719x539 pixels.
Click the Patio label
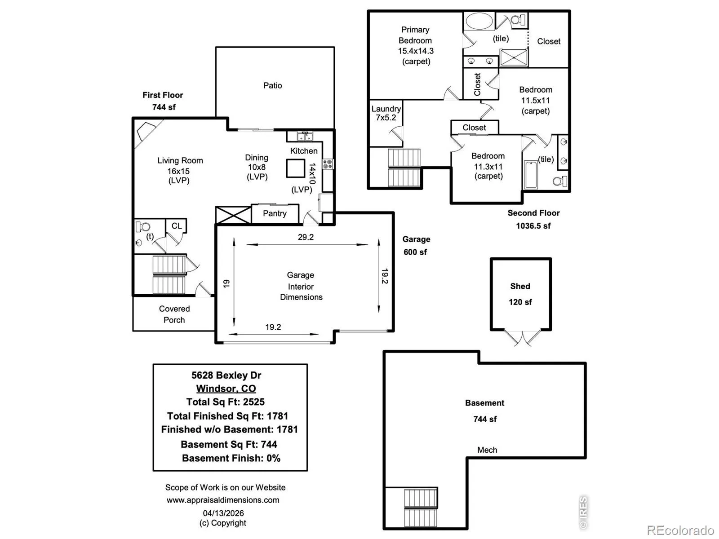tap(272, 85)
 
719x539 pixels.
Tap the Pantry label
tap(275, 213)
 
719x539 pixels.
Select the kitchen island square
tap(295, 168)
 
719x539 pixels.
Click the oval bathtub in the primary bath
tap(479, 21)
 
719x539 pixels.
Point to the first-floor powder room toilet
tap(143, 226)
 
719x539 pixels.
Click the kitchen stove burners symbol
tap(328, 164)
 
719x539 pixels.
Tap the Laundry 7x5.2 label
tap(386, 113)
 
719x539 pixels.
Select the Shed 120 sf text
tap(520, 294)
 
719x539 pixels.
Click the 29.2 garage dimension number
tap(306, 237)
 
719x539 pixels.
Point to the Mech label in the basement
tap(487, 450)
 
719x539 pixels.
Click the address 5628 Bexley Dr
tap(226, 375)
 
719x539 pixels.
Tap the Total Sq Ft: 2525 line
tap(226, 402)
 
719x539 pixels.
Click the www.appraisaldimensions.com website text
tap(223, 500)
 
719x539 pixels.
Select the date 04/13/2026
tap(223, 513)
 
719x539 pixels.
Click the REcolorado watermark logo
tap(680, 530)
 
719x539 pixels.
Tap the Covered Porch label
tap(174, 314)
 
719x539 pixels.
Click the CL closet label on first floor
tap(177, 226)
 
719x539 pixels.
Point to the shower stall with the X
tap(514, 57)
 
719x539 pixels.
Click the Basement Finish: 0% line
tap(231, 458)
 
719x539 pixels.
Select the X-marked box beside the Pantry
tap(233, 215)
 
